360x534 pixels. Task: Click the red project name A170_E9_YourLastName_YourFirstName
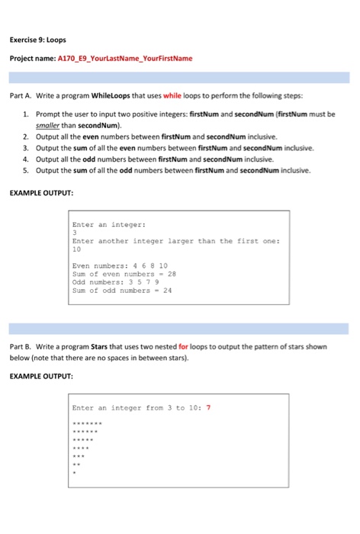(x=125, y=58)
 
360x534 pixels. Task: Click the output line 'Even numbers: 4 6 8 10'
(x=115, y=266)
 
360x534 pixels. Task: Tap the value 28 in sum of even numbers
(x=172, y=274)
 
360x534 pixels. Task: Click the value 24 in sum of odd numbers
(x=168, y=290)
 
